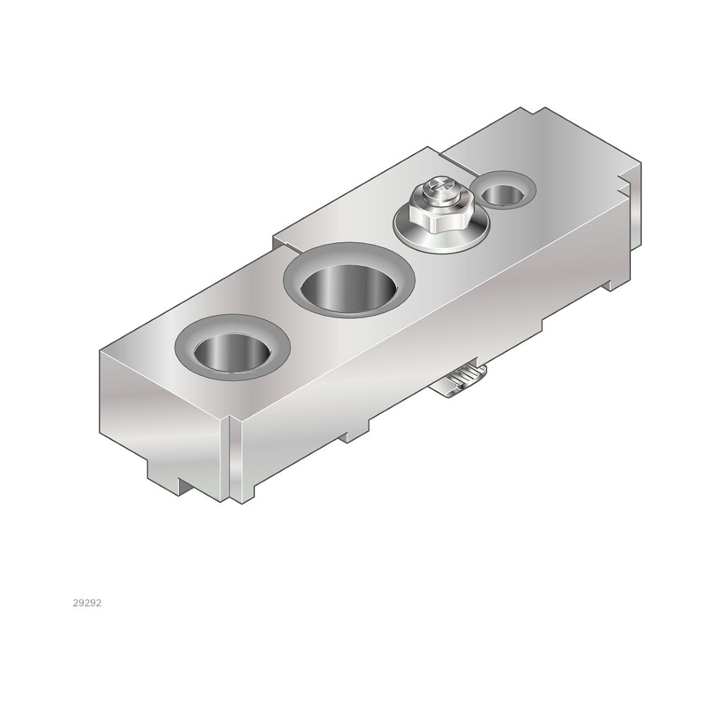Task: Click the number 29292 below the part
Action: click(87, 603)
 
